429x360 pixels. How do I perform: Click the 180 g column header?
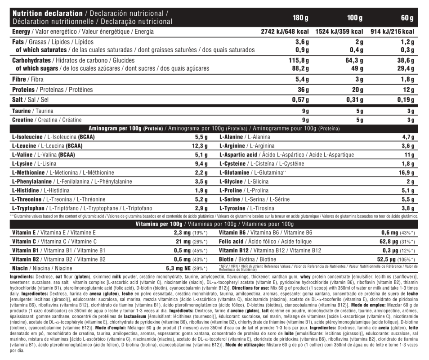point(300,18)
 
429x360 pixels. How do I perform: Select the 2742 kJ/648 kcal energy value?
point(285,32)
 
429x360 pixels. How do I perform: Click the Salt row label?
point(19,99)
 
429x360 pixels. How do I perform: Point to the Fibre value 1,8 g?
point(407,80)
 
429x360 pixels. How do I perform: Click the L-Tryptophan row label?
point(28,208)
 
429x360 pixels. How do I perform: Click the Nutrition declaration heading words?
point(48,14)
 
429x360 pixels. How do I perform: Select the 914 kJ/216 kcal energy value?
point(390,32)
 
